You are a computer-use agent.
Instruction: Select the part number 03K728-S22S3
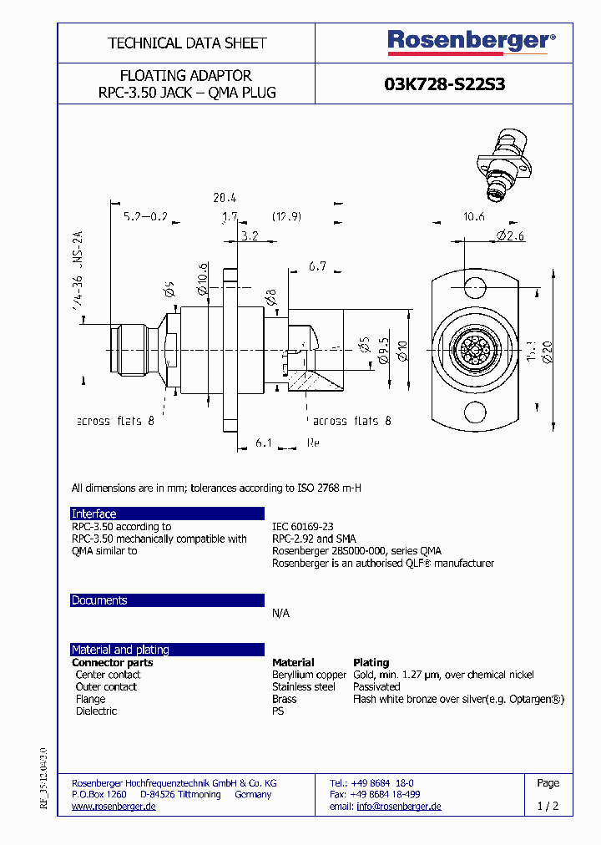(444, 84)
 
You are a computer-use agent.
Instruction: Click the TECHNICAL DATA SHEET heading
(187, 43)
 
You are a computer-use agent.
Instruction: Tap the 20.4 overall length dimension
(225, 198)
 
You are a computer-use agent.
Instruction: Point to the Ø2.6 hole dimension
(510, 236)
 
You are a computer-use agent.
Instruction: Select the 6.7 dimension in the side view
(316, 266)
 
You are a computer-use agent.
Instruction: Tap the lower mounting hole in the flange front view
(474, 412)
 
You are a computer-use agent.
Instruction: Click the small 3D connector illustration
(506, 167)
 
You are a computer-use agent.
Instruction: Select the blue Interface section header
(167, 514)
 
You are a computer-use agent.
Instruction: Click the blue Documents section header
(167, 600)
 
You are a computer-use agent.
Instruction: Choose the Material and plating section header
(167, 650)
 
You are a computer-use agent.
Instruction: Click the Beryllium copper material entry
(309, 675)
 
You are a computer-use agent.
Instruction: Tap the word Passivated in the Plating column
(376, 686)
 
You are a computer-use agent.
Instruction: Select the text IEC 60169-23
(302, 527)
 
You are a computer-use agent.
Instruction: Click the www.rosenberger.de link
(114, 807)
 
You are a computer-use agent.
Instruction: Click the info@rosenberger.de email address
(399, 807)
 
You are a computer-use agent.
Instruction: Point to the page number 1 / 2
(548, 807)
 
